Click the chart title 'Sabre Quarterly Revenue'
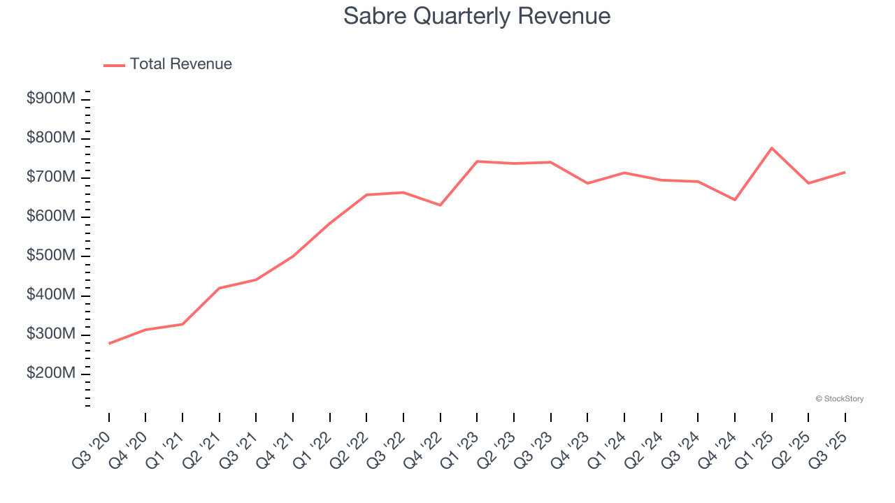tap(477, 16)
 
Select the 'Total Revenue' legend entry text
tap(180, 64)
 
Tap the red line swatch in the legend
tap(114, 65)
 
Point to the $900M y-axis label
tap(51, 99)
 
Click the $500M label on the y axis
tap(51, 256)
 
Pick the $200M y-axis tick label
tap(51, 374)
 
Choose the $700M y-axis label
tap(51, 177)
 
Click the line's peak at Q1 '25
tap(771, 148)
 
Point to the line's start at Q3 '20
tap(109, 343)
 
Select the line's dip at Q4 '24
tap(735, 200)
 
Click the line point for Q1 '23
tap(477, 161)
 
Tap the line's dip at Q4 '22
tap(440, 205)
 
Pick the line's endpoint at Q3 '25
tap(845, 172)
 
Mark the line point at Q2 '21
tap(220, 288)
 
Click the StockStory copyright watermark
tap(839, 399)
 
